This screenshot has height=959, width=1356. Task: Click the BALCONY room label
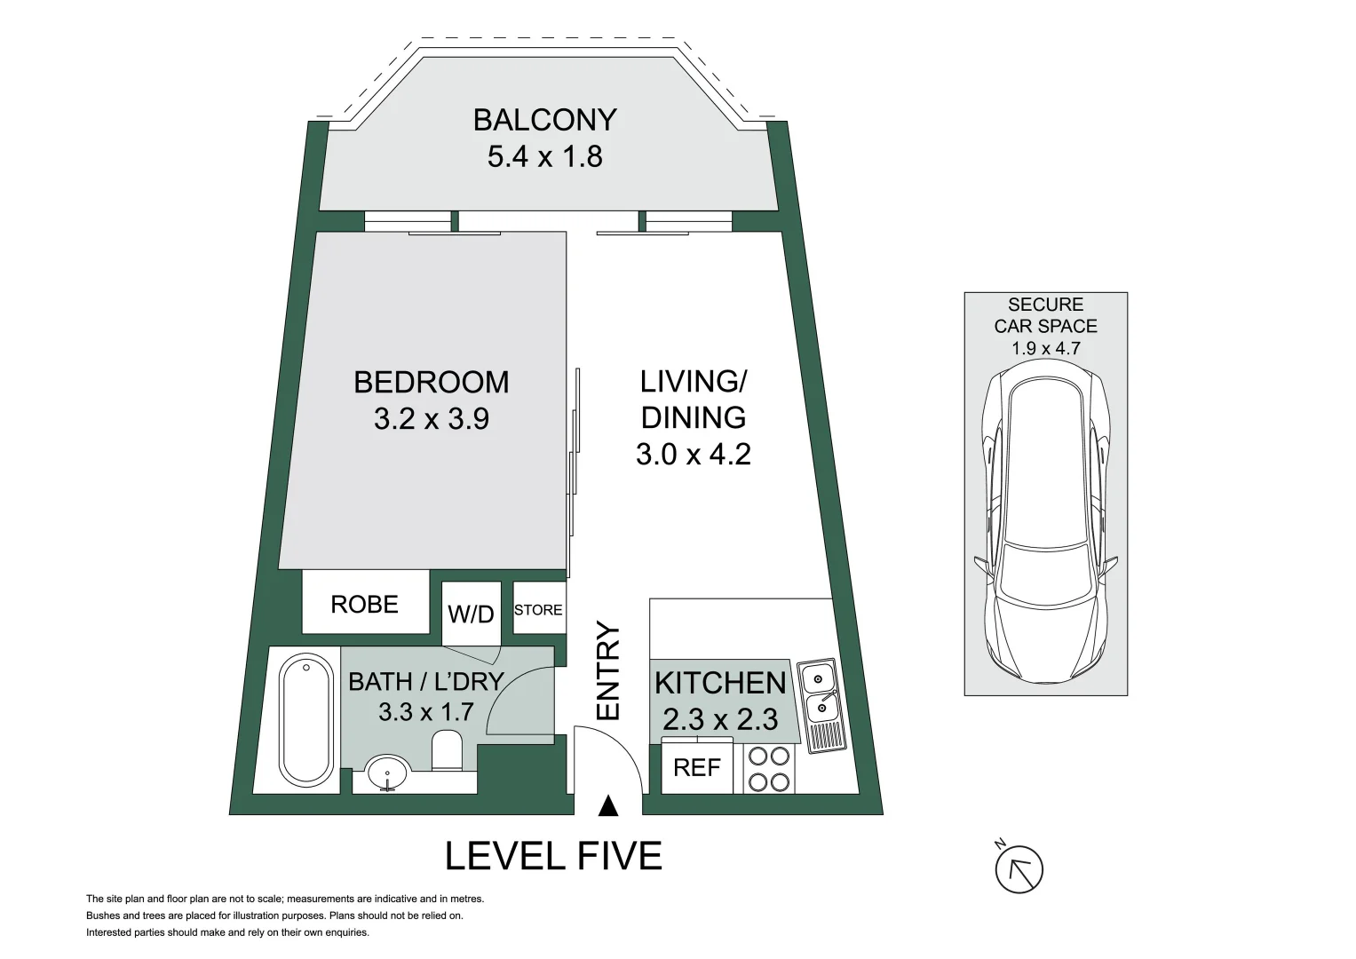(x=545, y=120)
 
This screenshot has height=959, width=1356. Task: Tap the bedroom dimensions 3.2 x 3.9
(x=431, y=418)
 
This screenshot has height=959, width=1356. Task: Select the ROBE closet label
(x=364, y=604)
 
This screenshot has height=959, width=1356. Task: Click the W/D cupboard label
(x=471, y=614)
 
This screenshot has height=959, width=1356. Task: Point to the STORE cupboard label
(x=538, y=610)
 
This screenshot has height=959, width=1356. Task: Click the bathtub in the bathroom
(x=306, y=718)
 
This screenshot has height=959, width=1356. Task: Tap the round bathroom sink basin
(x=387, y=773)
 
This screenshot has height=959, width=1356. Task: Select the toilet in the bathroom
(x=447, y=749)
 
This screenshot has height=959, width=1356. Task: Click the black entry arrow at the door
(x=608, y=806)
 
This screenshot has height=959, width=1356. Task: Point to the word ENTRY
(x=608, y=670)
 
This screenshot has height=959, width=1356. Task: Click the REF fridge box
(x=697, y=768)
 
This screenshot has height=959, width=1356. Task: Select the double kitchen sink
(x=821, y=705)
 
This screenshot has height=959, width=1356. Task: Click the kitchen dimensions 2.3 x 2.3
(x=720, y=719)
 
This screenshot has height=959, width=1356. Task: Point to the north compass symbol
(x=1019, y=868)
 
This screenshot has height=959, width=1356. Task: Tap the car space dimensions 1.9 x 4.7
(x=1046, y=348)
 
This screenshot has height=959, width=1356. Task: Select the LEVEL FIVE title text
(x=553, y=855)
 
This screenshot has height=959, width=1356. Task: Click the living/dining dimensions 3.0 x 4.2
(x=694, y=454)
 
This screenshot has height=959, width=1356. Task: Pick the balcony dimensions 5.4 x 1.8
(x=545, y=156)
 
